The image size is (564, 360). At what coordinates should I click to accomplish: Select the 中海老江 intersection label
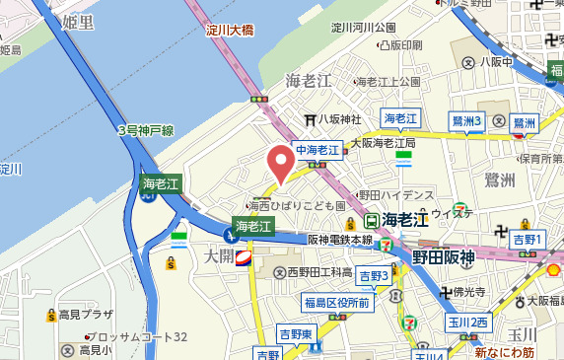[317, 150]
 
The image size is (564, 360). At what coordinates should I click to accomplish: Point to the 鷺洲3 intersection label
[465, 120]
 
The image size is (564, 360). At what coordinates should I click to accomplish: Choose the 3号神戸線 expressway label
[146, 130]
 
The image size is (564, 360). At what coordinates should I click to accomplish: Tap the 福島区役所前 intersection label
[337, 303]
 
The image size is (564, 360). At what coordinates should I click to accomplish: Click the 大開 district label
[219, 256]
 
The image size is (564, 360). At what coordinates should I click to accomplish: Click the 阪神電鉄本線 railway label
[339, 239]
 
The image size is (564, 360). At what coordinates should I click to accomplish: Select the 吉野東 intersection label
[295, 333]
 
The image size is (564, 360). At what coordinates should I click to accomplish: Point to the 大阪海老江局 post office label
[384, 143]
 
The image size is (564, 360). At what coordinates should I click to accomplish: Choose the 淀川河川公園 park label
[364, 27]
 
